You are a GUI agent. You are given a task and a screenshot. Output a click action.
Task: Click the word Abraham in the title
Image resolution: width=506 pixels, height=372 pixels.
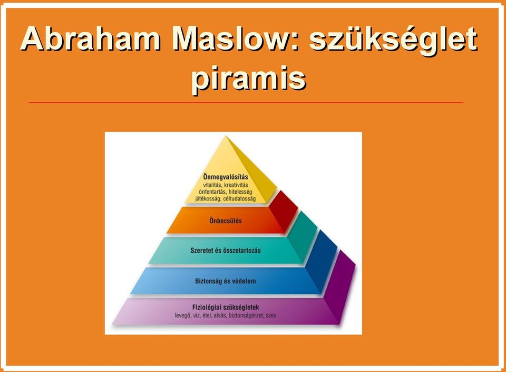pyautogui.click(x=90, y=39)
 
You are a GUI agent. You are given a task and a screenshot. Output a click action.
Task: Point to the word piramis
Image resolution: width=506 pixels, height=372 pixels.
pyautogui.click(x=248, y=79)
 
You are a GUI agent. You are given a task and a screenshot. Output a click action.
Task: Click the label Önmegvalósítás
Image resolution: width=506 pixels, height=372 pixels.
pyautogui.click(x=226, y=177)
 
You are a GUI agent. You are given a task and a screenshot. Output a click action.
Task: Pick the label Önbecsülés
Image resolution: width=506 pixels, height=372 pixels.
pyautogui.click(x=226, y=221)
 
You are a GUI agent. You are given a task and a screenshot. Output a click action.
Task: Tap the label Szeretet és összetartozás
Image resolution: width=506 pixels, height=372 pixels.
pyautogui.click(x=226, y=250)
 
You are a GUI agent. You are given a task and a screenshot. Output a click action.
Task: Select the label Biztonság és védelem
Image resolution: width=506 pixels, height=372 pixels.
pyautogui.click(x=226, y=281)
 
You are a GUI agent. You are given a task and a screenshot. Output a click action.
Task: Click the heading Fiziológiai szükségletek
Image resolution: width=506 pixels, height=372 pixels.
pyautogui.click(x=226, y=307)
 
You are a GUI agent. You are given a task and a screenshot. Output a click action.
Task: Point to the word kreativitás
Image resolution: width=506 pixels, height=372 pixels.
pyautogui.click(x=236, y=185)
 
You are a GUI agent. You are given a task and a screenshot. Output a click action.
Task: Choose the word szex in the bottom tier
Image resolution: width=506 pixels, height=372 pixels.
pyautogui.click(x=271, y=316)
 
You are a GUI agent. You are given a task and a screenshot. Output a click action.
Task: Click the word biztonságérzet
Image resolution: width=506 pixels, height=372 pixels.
pyautogui.click(x=246, y=316)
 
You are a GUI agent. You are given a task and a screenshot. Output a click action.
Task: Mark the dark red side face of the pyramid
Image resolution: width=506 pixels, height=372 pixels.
pyautogui.click(x=283, y=211)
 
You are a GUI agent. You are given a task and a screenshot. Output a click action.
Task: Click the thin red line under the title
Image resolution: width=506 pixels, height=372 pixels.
pyautogui.click(x=246, y=103)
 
